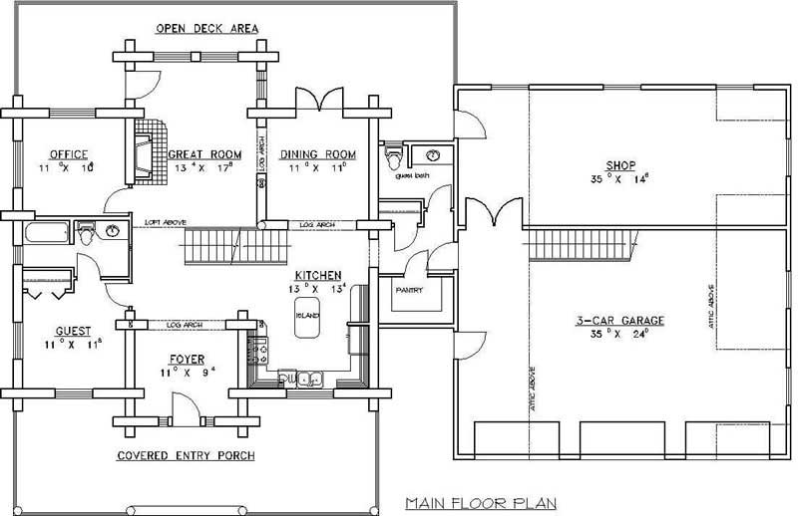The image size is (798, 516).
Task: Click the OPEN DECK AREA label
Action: click(x=206, y=28)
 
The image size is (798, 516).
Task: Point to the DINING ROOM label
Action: click(x=317, y=154)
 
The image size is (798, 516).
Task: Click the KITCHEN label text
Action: click(x=317, y=275)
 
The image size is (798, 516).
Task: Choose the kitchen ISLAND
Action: click(x=306, y=312)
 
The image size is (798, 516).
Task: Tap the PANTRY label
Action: click(x=409, y=291)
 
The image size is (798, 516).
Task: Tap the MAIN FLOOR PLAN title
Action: click(x=480, y=503)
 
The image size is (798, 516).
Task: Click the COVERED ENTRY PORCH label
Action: click(x=186, y=456)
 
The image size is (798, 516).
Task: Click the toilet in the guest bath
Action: click(x=395, y=158)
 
